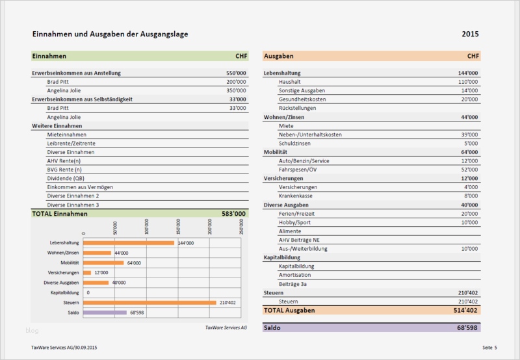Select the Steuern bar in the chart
pyautogui.click(x=150, y=302)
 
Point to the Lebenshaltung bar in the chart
pyautogui.click(x=129, y=242)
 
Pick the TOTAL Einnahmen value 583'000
pyautogui.click(x=234, y=213)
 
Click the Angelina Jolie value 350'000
pyautogui.click(x=236, y=90)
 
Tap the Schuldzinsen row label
pyautogui.click(x=297, y=143)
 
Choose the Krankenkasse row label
pyautogui.click(x=297, y=196)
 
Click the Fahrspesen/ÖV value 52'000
pyautogui.click(x=468, y=169)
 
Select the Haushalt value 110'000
pyautogui.click(x=467, y=82)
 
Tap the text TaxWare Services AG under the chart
pyautogui.click(x=226, y=328)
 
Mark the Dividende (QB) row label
pyautogui.click(x=66, y=178)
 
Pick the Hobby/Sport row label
pyautogui.click(x=294, y=222)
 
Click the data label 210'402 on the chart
pyautogui.click(x=228, y=303)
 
